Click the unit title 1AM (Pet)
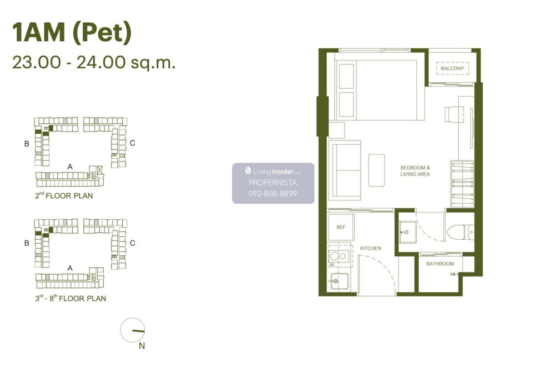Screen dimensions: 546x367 [x=72, y=33]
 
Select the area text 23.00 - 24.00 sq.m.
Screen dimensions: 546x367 [x=94, y=63]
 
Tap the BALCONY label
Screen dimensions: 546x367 [x=452, y=69]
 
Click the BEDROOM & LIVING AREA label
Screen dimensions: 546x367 [x=415, y=171]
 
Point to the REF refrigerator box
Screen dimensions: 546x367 [x=341, y=227]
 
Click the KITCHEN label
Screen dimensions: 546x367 [x=370, y=248]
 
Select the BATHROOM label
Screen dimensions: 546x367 [x=440, y=264]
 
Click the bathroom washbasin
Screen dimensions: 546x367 [x=408, y=232]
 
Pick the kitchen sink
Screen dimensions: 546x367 [x=339, y=281]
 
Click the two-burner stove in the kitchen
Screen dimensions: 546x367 [x=339, y=256]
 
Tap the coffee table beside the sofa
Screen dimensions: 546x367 [x=376, y=170]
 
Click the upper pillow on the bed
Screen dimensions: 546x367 [x=346, y=76]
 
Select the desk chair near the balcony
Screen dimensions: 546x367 [x=454, y=114]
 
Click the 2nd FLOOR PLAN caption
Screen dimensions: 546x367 [x=64, y=196]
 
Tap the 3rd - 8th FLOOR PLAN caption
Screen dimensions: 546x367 [x=71, y=298]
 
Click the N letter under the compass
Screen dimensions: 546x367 [x=142, y=346]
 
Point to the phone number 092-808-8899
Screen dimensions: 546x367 [x=273, y=193]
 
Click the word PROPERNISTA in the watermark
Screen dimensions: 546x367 [x=273, y=182]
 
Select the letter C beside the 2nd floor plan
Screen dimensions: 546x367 [x=132, y=143]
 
